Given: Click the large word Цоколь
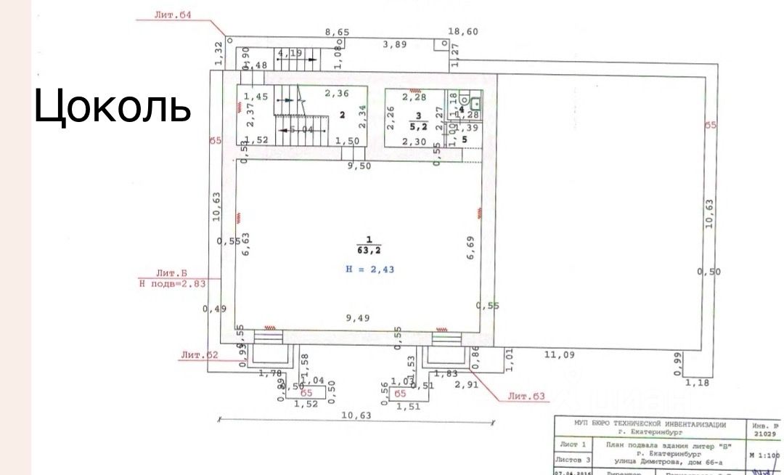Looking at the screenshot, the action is pos(113,107).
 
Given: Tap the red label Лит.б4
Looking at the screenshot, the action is pos(173,15).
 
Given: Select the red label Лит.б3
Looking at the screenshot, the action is pos(526,397).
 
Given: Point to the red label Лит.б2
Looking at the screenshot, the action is pos(200,355).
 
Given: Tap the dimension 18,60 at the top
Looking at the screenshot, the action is pos(463,32).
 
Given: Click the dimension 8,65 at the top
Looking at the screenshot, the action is pos(337,32).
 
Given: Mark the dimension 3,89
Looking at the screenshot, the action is pos(396,44).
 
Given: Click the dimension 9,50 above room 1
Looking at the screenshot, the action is pos(359,166).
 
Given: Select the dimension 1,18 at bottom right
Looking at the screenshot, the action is pos(698,383).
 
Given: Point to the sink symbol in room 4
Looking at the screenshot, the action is pos(475,103).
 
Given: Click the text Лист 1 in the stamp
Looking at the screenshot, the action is pos(573,444).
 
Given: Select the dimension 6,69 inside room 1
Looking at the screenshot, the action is pos(470,248).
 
